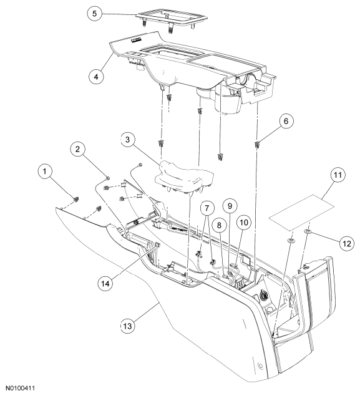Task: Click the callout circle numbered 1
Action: [x=45, y=171]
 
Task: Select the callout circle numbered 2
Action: [x=77, y=149]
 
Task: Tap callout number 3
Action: [x=127, y=140]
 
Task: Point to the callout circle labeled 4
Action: [x=96, y=76]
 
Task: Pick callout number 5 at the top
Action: [x=94, y=13]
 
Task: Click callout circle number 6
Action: [x=286, y=121]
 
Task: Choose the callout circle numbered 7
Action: [x=207, y=208]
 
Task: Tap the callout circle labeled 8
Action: [x=219, y=225]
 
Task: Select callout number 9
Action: [x=230, y=206]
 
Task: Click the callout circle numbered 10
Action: [x=244, y=223]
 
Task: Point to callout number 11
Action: [x=338, y=175]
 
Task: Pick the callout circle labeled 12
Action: [x=347, y=243]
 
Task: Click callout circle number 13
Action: [x=128, y=326]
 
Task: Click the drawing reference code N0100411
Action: [x=21, y=388]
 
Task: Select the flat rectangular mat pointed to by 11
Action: [x=301, y=212]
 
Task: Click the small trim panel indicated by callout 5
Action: [x=172, y=19]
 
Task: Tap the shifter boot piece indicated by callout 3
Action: [x=184, y=176]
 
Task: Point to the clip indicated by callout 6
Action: [x=256, y=145]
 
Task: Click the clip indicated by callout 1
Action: [x=75, y=200]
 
